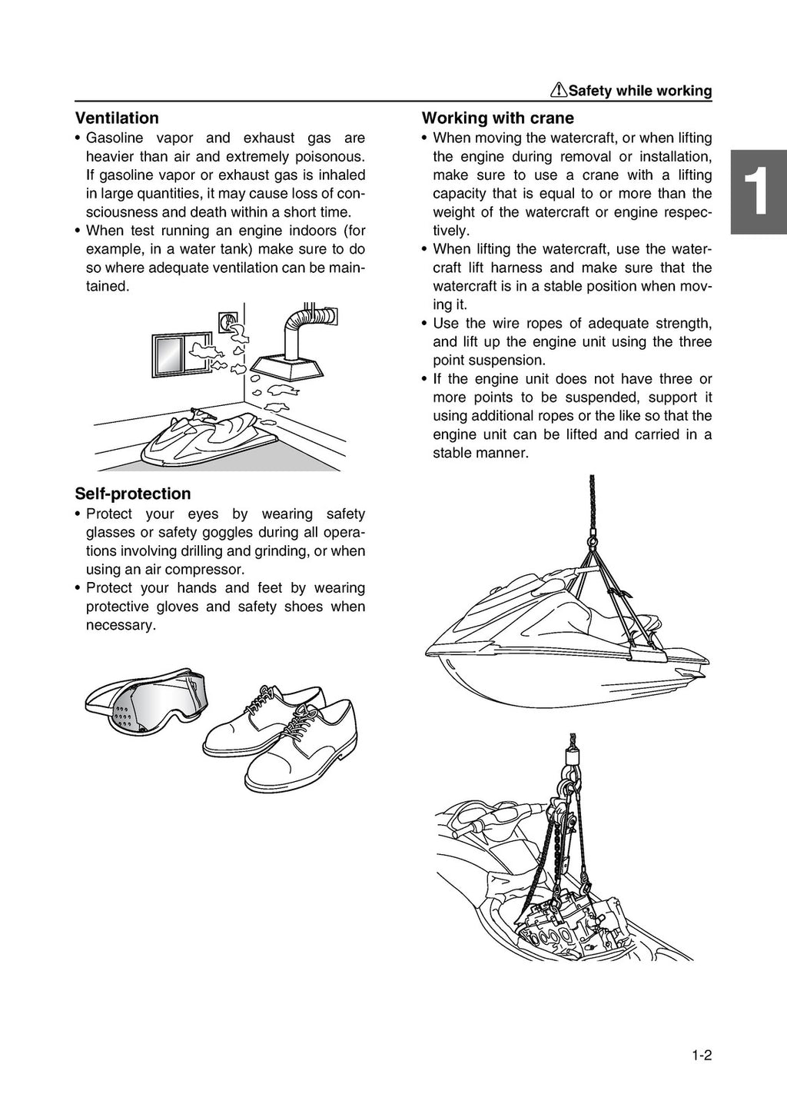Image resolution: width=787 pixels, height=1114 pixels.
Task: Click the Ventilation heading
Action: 117,118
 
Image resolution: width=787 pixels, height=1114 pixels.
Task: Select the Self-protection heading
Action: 132,494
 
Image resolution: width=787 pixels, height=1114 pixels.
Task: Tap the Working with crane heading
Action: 497,118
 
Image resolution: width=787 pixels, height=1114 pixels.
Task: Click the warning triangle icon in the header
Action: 559,91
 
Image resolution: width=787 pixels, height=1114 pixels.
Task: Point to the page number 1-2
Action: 701,1056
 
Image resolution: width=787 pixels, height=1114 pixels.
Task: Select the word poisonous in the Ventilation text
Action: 327,157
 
